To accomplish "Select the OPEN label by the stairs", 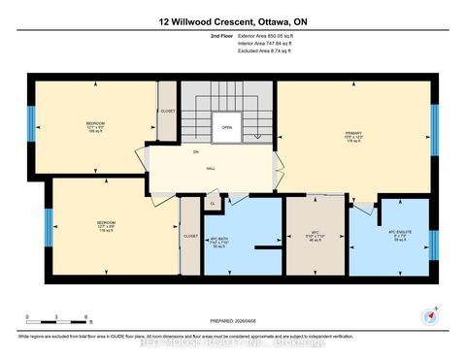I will point(226,126).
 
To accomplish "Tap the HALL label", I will point(210,167).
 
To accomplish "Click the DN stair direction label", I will point(195,152).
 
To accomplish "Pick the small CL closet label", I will point(212,204).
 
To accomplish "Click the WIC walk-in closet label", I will point(314,234).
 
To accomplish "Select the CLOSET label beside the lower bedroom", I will point(190,237).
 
